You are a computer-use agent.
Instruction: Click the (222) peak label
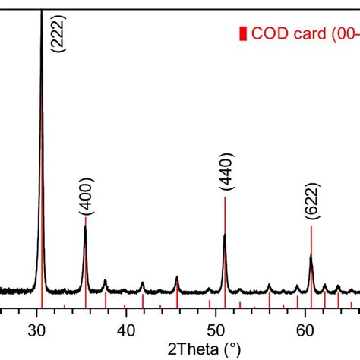[57, 35]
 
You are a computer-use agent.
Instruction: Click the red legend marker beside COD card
[242, 33]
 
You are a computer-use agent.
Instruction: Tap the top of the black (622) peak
[311, 255]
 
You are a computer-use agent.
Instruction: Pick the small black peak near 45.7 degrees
[177, 277]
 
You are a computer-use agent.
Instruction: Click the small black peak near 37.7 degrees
[105, 281]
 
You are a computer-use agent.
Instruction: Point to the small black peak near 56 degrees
[270, 285]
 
